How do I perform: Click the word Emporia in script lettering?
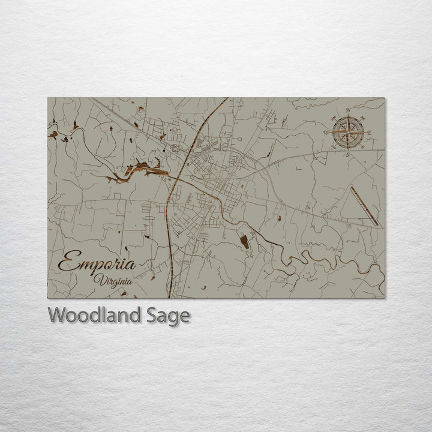click(97, 263)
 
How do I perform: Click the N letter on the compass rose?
click(348, 110)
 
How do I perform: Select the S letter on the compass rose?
click(348, 154)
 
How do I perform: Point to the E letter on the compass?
click(370, 133)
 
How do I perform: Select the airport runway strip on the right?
click(364, 206)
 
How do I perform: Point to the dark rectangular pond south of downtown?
click(244, 241)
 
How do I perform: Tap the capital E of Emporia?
click(67, 262)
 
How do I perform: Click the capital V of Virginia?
click(98, 278)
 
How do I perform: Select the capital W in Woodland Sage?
click(57, 315)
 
